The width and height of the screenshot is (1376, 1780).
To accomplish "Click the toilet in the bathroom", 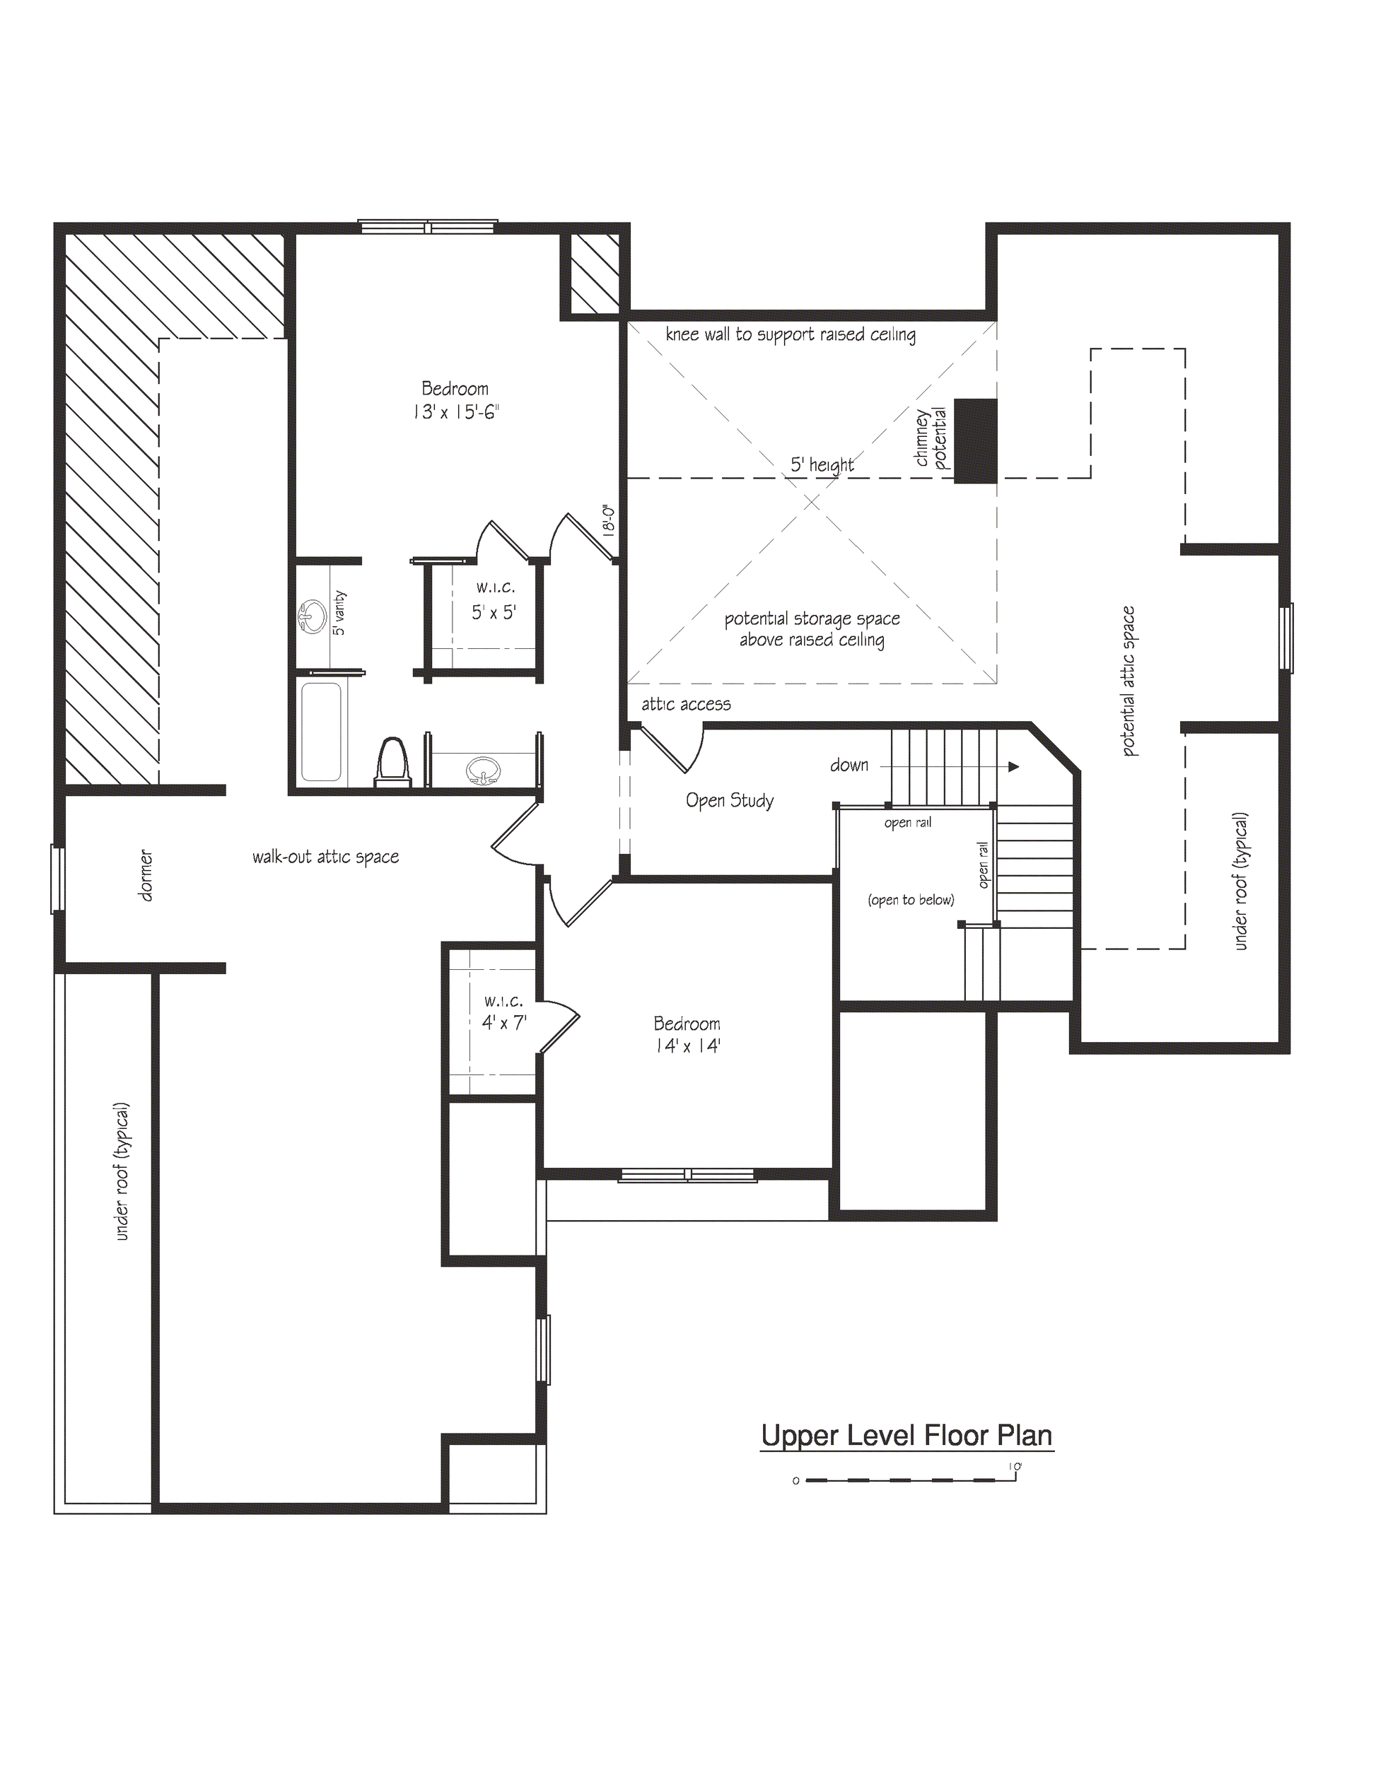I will point(393,761).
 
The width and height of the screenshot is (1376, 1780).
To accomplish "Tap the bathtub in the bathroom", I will point(321,732).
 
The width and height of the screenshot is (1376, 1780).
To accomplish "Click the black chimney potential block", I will point(975,441).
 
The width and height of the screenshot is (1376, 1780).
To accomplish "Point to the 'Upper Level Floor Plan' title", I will point(906,1435).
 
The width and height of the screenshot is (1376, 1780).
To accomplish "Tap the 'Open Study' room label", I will point(730,800).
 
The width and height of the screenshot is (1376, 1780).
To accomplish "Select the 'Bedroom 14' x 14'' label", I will point(687,1034).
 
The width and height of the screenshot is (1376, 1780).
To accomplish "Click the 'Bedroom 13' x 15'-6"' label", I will point(455,400).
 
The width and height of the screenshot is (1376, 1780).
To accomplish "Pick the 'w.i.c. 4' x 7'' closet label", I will point(503,1012).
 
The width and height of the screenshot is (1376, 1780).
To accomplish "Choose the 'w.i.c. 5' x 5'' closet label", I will point(495,601).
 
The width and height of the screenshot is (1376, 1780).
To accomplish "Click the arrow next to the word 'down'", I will point(1012,766).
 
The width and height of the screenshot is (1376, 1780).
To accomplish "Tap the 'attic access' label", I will point(686,704).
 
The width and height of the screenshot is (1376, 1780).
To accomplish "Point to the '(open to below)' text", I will point(911,900).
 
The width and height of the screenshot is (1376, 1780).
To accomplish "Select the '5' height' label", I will point(822,464).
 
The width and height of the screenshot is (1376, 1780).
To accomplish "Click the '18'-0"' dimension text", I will point(608,519).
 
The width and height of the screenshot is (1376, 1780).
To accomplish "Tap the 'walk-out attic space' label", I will point(325,857).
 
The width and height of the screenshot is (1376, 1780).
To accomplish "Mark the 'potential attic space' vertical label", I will point(1129,681).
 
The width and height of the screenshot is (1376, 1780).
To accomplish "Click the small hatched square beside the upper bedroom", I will point(593,274).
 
